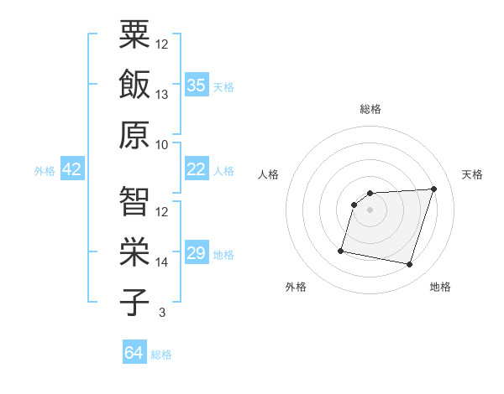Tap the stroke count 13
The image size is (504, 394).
tap(162, 95)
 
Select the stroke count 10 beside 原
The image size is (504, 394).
tap(162, 145)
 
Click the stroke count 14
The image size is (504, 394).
tap(162, 262)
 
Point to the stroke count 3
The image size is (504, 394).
tap(161, 313)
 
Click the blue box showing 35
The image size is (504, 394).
tap(197, 85)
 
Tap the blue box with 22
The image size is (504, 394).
tap(197, 169)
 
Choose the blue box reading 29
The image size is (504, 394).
tap(197, 253)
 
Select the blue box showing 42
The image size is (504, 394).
tap(71, 170)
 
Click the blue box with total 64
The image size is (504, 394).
tap(134, 353)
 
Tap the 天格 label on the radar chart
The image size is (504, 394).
tap(472, 174)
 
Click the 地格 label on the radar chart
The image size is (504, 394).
tap(440, 287)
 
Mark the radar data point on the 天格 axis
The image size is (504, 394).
tap(433, 189)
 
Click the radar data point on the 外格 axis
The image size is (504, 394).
tap(341, 250)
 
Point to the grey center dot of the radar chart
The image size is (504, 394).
tap(370, 210)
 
